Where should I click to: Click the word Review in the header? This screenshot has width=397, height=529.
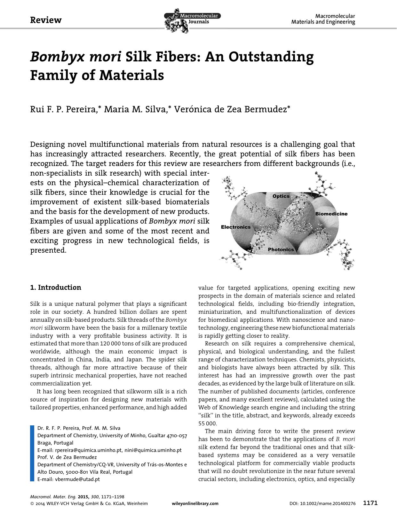(45, 20)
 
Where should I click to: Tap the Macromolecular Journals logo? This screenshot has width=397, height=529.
(192, 20)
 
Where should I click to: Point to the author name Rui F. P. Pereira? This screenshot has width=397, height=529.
(63, 109)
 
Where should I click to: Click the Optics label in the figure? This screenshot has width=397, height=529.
(281, 196)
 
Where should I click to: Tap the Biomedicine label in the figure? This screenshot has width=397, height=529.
(331, 214)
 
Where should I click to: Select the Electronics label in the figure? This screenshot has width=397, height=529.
(236, 227)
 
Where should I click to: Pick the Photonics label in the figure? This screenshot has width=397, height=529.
(281, 249)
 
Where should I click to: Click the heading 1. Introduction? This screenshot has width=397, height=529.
(56, 287)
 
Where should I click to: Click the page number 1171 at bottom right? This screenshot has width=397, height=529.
(370, 503)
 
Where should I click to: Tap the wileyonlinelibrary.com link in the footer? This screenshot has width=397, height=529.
(195, 503)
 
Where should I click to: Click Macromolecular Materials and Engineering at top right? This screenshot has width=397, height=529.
(323, 19)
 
